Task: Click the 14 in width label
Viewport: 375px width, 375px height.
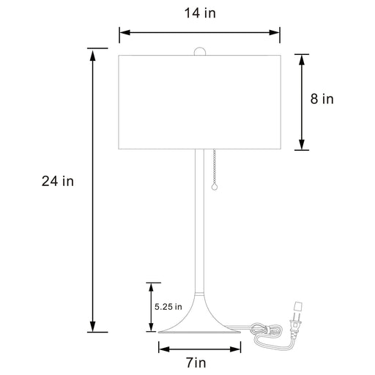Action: [199, 12]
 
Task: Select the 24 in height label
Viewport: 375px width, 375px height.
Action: [57, 181]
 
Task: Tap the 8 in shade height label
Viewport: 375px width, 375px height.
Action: [322, 99]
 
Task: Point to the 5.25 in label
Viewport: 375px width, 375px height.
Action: [168, 306]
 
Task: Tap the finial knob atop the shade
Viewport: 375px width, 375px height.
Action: [199, 51]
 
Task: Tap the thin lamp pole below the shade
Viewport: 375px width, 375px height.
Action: [198, 220]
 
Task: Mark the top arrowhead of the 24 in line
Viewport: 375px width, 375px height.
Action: [92, 52]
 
